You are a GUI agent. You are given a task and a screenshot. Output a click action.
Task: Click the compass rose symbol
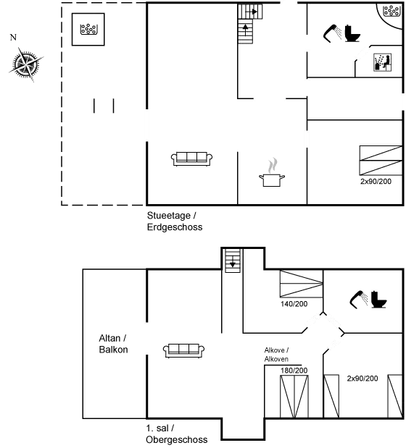[x=26, y=64]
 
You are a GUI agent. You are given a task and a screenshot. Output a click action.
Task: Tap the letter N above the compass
[x=13, y=37]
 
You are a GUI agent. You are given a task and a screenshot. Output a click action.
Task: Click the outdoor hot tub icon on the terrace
[x=88, y=29]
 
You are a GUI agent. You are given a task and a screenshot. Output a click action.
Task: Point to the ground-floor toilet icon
[x=352, y=33]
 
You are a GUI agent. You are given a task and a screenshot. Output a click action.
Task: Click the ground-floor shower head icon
[x=332, y=33]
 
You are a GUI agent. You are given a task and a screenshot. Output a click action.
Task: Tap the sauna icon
[x=382, y=62]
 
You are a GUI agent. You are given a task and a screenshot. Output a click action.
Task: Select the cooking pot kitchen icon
[x=272, y=172]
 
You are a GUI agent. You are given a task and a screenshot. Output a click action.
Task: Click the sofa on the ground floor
[x=191, y=159]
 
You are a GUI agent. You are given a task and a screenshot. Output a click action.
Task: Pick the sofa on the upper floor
[x=183, y=350]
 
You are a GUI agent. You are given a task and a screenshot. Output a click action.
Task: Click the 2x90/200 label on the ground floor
[x=376, y=182]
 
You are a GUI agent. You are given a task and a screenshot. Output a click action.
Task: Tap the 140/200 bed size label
[x=294, y=304]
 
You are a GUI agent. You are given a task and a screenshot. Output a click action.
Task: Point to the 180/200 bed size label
[x=294, y=371]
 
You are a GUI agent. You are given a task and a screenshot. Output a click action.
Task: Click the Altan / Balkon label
[x=113, y=344]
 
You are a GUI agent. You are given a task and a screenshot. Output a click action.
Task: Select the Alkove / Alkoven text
[x=276, y=355]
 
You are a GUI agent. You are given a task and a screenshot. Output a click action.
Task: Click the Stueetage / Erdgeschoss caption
[x=175, y=221]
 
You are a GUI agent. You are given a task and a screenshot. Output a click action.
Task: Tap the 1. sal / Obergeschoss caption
[x=176, y=434]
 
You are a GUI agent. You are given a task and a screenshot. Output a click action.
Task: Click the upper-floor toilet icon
[x=379, y=300]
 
